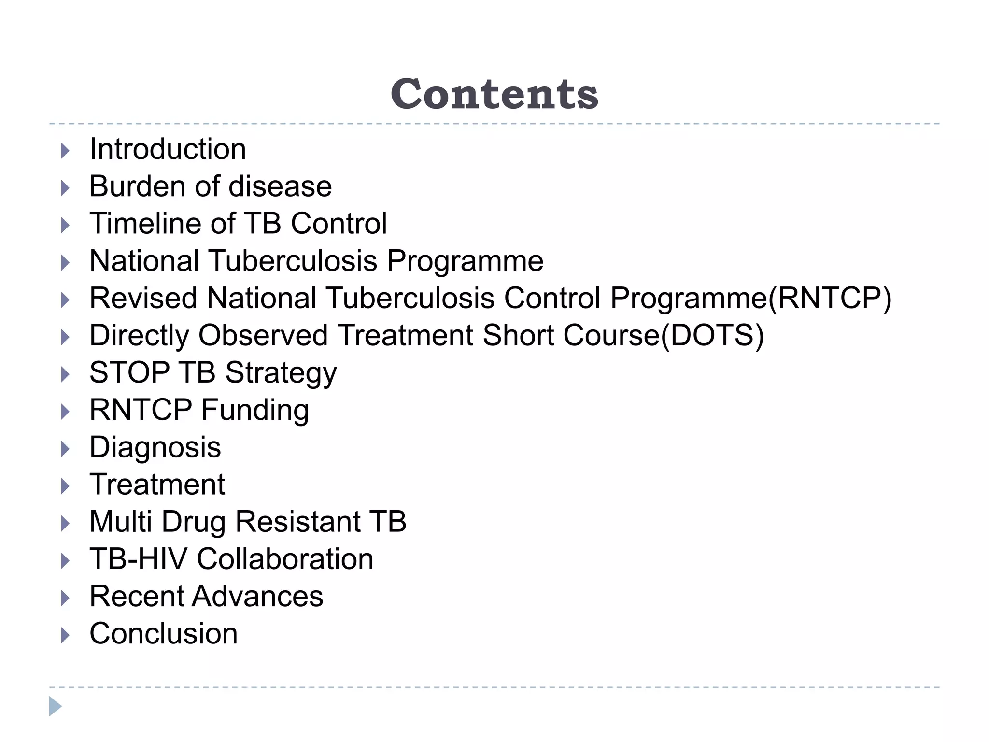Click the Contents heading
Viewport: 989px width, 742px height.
tap(494, 94)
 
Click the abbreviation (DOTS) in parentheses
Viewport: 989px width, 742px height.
tap(712, 336)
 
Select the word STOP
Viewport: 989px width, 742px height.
tap(129, 373)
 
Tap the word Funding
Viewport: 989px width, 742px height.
tap(255, 411)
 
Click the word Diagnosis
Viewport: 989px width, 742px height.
tap(155, 447)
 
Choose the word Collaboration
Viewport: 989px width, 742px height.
tap(285, 559)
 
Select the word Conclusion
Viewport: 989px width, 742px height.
tap(163, 634)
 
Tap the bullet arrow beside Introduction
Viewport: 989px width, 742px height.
tap(65, 151)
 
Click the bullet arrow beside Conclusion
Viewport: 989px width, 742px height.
tap(65, 635)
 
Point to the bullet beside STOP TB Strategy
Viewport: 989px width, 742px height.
tap(65, 374)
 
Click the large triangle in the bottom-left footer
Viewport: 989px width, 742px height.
tap(55, 706)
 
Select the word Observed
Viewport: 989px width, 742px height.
tap(263, 336)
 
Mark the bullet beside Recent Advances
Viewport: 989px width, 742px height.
tap(65, 598)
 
